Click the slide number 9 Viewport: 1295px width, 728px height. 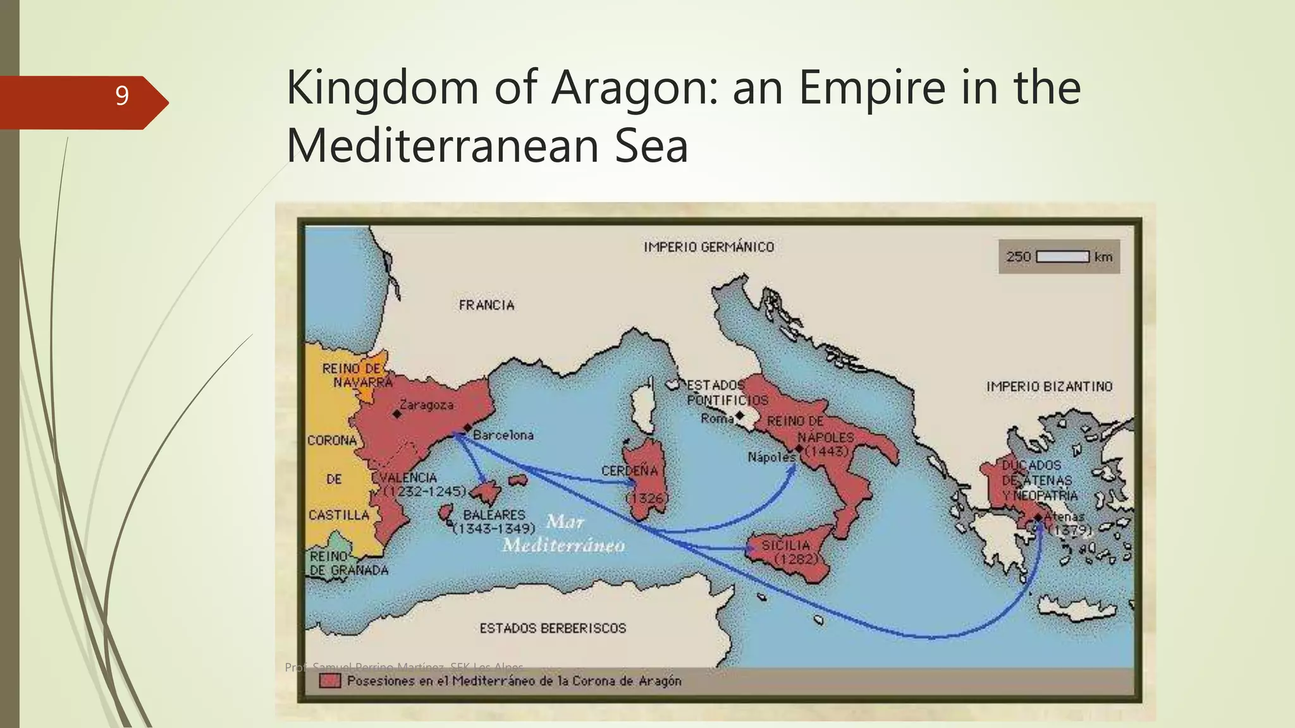(122, 95)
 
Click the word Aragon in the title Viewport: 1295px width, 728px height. (632, 88)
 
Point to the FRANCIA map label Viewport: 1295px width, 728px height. (486, 305)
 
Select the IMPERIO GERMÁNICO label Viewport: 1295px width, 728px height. (708, 247)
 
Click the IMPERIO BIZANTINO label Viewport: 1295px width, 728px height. (1048, 386)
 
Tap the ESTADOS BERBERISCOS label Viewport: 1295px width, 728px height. (553, 628)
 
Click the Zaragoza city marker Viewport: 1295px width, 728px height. (396, 414)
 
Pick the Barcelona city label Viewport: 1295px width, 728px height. (503, 435)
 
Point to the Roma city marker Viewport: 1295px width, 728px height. (739, 415)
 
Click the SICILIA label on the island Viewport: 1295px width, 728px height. (785, 545)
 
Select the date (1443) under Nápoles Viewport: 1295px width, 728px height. (826, 451)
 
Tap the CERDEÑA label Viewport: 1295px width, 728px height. (629, 471)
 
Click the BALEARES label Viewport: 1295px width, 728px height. (494, 515)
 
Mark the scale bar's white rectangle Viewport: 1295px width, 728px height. (1062, 257)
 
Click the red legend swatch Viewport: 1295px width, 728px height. (330, 681)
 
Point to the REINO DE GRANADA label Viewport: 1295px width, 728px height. (348, 563)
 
